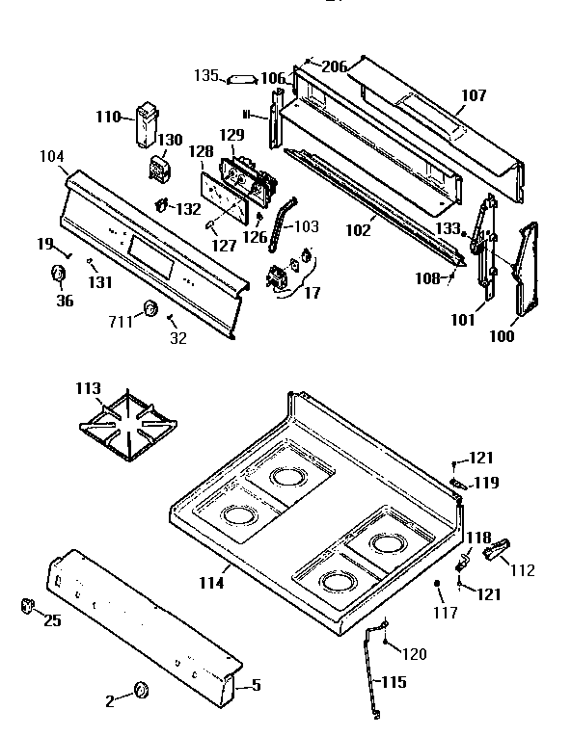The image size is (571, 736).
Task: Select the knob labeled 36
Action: [x=57, y=276]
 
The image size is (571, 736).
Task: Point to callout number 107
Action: [x=474, y=95]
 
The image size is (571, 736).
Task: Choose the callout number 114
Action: [x=212, y=582]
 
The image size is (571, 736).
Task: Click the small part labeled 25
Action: [x=26, y=605]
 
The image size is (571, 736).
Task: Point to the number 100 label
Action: [x=501, y=336]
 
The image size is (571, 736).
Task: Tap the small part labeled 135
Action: [x=240, y=79]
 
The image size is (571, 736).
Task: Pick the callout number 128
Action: [x=201, y=152]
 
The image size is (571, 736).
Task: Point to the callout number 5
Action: [x=256, y=686]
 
